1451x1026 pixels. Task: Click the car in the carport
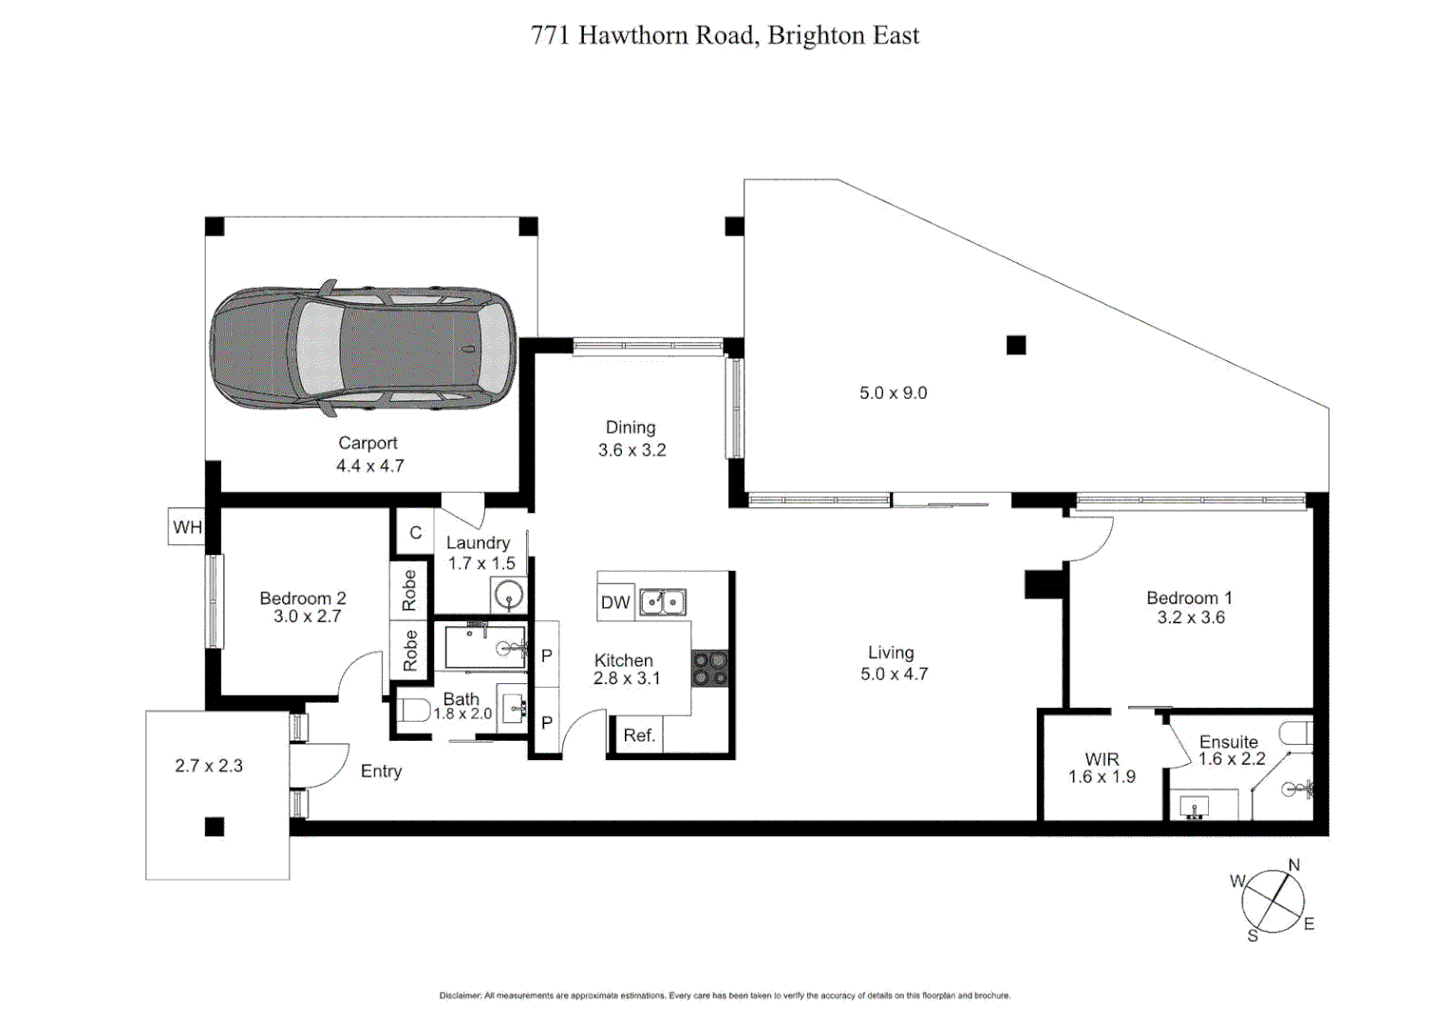[x=363, y=348]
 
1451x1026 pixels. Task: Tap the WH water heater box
[x=187, y=527]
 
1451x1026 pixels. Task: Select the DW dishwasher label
[x=615, y=602]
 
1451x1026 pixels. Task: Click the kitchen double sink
[x=662, y=602]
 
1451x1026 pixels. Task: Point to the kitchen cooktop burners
[x=710, y=668]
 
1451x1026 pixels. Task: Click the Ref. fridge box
[x=638, y=736]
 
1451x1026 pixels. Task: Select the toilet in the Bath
[x=414, y=710]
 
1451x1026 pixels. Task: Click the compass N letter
[x=1293, y=865]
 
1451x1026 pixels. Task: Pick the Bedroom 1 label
[x=1189, y=598]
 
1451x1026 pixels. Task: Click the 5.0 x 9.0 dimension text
[x=893, y=393]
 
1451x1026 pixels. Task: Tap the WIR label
[x=1102, y=759]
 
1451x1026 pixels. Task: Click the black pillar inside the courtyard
[x=1016, y=345]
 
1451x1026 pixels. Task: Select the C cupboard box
[x=415, y=533]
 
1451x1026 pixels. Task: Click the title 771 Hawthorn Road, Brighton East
[x=725, y=35]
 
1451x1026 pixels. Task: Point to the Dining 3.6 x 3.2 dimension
[x=631, y=450]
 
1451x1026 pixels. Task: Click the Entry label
[x=381, y=771]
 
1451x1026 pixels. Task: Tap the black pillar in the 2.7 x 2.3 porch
[x=215, y=826]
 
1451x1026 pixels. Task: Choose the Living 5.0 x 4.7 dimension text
[x=894, y=674]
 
